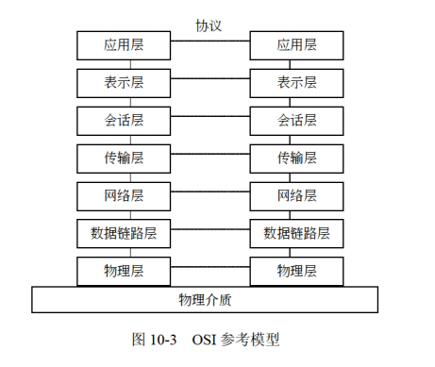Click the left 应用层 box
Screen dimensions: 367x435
(123, 44)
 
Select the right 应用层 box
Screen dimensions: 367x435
(296, 44)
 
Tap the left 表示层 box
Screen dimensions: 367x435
(123, 82)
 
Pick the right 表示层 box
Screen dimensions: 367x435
(296, 82)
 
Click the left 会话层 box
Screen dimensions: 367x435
(123, 120)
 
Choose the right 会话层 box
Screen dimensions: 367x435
(296, 120)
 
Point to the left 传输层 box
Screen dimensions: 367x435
(123, 158)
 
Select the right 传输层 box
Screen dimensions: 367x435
(296, 158)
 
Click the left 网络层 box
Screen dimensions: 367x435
(123, 195)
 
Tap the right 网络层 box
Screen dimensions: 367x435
(296, 195)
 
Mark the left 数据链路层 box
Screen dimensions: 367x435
(123, 233)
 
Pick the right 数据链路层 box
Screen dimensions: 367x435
(296, 233)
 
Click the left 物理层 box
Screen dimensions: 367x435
(123, 271)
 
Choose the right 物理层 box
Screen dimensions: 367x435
(296, 271)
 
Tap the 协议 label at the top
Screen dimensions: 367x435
(208, 25)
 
